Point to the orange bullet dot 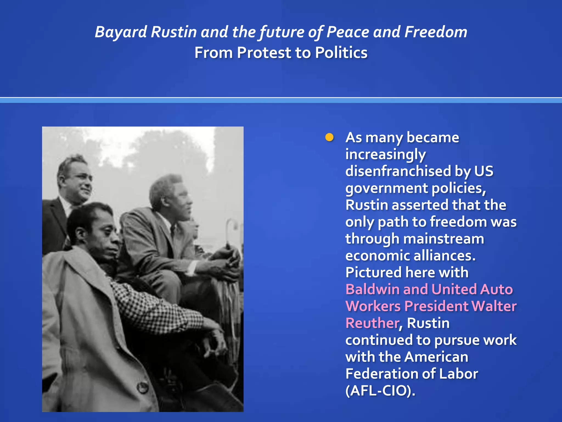pyautogui.click(x=329, y=137)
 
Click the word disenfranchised pyautogui.click(x=398, y=171)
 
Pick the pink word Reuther pyautogui.click(x=372, y=323)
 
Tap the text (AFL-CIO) pyautogui.click(x=380, y=391)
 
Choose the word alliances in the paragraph pyautogui.click(x=444, y=256)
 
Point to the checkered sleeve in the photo pyautogui.click(x=154, y=308)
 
